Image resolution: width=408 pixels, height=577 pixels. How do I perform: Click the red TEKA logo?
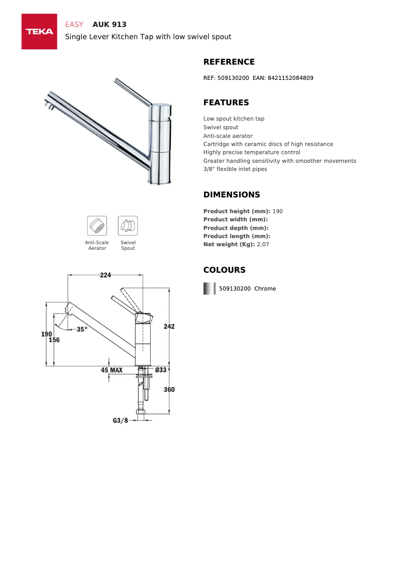[x=39, y=32]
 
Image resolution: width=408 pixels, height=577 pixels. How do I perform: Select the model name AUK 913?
[x=109, y=24]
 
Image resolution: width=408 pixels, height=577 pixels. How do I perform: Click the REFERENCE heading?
[x=229, y=62]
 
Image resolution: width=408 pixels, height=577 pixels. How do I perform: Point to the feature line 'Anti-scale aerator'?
[x=228, y=136]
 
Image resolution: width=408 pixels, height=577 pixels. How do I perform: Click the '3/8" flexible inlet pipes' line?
[x=235, y=169]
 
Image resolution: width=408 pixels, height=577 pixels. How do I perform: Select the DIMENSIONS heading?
[x=231, y=195]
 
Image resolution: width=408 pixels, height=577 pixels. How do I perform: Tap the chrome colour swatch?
[x=209, y=289]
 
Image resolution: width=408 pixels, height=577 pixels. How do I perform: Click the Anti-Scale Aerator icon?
[x=97, y=225]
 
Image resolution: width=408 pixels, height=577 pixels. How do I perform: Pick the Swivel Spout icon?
[x=128, y=225]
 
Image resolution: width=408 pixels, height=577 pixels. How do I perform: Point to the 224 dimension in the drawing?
[x=105, y=275]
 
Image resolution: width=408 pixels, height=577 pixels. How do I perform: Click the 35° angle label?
[x=82, y=329]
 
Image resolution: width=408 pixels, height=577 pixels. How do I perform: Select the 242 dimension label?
[x=169, y=326]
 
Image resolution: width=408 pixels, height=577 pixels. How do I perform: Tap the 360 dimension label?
[x=169, y=390]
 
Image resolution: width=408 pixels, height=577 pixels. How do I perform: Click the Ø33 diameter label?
[x=161, y=370]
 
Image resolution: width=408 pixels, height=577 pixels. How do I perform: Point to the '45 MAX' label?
[x=111, y=370]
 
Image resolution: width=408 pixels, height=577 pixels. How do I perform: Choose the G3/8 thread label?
[x=121, y=421]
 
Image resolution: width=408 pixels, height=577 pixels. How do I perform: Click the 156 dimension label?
[x=54, y=340]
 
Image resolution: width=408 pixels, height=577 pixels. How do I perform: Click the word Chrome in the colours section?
[x=265, y=289]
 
